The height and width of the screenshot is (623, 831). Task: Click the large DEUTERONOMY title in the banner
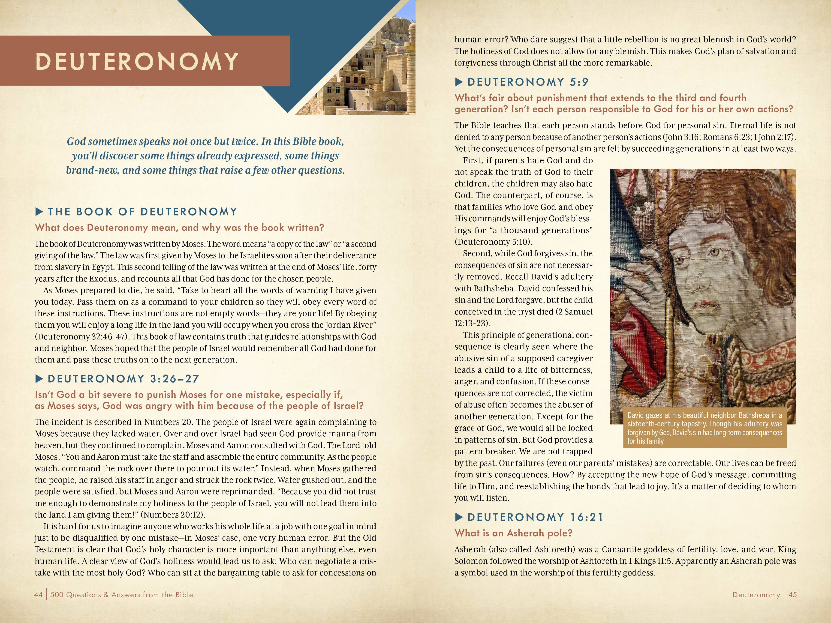[x=137, y=61]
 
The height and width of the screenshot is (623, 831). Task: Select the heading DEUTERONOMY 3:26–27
[x=123, y=379]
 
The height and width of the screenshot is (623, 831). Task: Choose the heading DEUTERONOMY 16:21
[x=535, y=517]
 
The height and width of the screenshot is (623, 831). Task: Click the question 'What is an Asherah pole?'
[x=513, y=533]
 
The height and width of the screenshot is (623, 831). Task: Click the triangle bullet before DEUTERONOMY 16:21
[x=459, y=517]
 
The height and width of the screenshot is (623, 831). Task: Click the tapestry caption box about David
[x=705, y=428]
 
